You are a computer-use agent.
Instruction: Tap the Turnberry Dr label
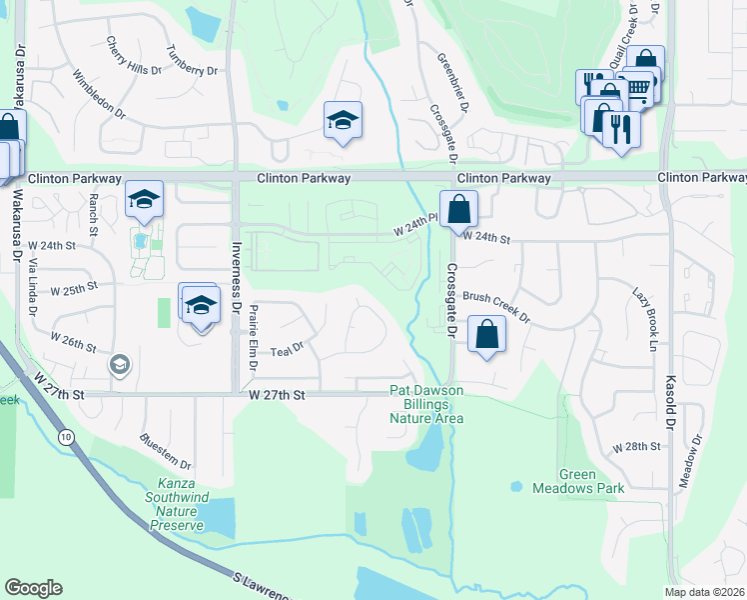(x=192, y=62)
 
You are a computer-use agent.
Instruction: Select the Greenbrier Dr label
(x=446, y=74)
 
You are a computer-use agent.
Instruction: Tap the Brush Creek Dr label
(x=495, y=307)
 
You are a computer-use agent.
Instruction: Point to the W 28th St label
(x=637, y=447)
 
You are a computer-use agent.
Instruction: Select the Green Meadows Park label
(x=592, y=482)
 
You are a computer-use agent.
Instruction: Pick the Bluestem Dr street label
(x=166, y=451)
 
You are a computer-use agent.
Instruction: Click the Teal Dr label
(x=286, y=347)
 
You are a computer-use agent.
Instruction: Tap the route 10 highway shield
(x=66, y=436)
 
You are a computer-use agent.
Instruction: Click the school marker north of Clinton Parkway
(x=343, y=121)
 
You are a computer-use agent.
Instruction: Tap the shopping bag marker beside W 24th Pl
(x=458, y=210)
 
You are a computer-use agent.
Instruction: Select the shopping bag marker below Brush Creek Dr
(x=486, y=335)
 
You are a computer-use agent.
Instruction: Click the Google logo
(x=34, y=588)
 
